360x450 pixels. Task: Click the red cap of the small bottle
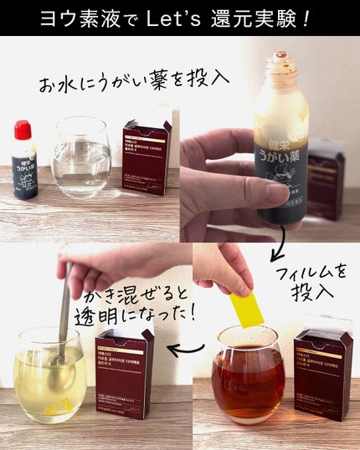[x=23, y=130]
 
